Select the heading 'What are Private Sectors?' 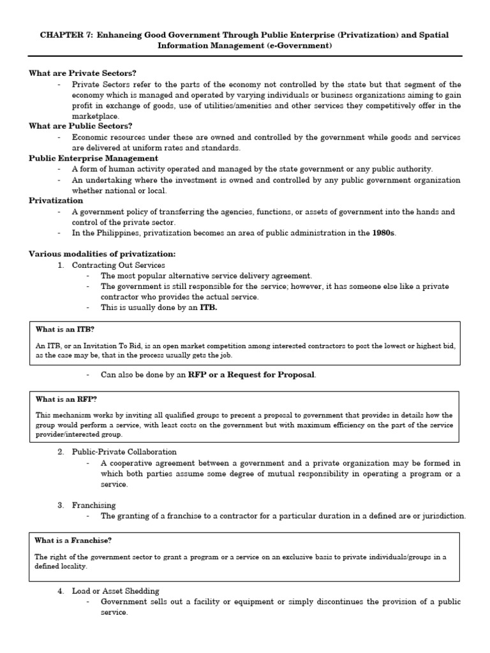click(x=83, y=73)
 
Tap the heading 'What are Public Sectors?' click(x=80, y=126)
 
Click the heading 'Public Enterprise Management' click(x=93, y=158)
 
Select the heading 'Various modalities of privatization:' click(x=102, y=254)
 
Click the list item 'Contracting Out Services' click(x=118, y=265)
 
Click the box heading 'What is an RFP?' click(x=66, y=399)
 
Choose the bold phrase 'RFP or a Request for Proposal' click(x=251, y=374)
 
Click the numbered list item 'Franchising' click(x=94, y=505)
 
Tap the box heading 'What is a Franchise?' click(x=73, y=540)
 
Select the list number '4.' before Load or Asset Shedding click(x=61, y=591)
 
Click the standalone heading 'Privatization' click(x=56, y=200)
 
